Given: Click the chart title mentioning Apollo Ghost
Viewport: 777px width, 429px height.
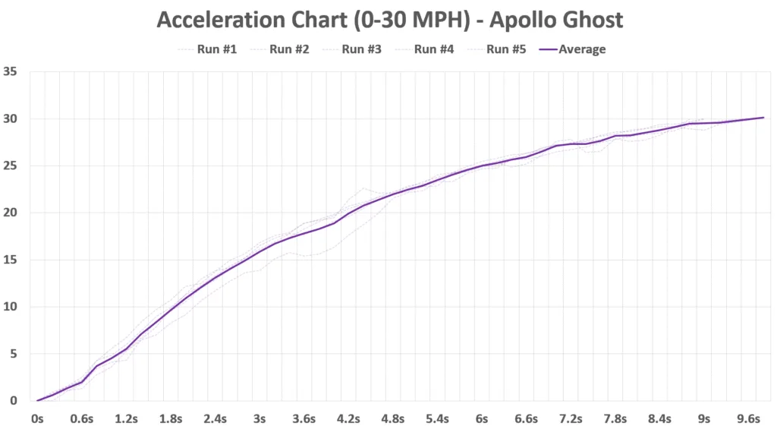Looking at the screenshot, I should point(389,20).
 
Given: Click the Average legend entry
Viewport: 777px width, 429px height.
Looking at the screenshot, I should point(581,49).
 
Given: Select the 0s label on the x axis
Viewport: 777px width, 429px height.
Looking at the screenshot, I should point(37,418).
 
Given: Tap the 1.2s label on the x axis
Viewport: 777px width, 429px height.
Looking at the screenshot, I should point(126,418).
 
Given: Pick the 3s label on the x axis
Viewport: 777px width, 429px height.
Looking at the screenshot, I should point(260,418).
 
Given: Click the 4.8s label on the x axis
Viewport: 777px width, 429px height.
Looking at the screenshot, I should point(392,418).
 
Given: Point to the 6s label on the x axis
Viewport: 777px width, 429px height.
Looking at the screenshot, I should point(482,418).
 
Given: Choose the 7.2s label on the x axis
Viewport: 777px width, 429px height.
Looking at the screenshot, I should point(571,418).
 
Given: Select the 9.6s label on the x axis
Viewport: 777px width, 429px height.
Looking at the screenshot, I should point(748,418).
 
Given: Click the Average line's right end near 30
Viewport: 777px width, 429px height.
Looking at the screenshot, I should point(763,118).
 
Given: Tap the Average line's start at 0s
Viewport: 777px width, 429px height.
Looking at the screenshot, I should point(37,400).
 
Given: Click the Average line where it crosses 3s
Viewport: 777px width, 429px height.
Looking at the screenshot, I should point(260,251).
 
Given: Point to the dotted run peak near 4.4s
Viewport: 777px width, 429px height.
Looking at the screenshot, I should point(364,188).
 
